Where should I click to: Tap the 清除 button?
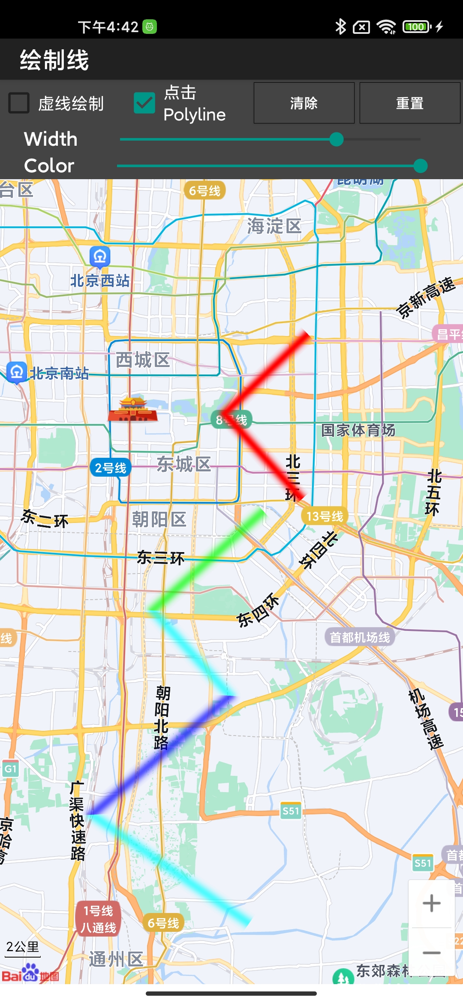tap(304, 103)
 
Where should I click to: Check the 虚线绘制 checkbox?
tap(19, 103)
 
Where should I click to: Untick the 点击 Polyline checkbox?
tap(144, 103)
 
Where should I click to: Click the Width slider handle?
tap(337, 139)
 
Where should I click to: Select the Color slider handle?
tap(421, 166)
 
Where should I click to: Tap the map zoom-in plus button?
tap(431, 903)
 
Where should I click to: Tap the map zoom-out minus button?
tap(431, 953)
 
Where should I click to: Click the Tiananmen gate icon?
tap(133, 409)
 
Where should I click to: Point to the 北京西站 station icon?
tap(100, 257)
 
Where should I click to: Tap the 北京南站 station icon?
tap(17, 372)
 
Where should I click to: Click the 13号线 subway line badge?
tap(325, 516)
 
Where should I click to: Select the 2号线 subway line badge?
tap(111, 468)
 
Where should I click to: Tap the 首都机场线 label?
tap(360, 637)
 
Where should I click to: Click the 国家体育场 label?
tap(358, 430)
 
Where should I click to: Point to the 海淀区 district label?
tap(274, 226)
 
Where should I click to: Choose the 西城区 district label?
tap(143, 360)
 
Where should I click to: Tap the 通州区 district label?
tap(116, 959)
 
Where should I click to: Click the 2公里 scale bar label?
tap(23, 947)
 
